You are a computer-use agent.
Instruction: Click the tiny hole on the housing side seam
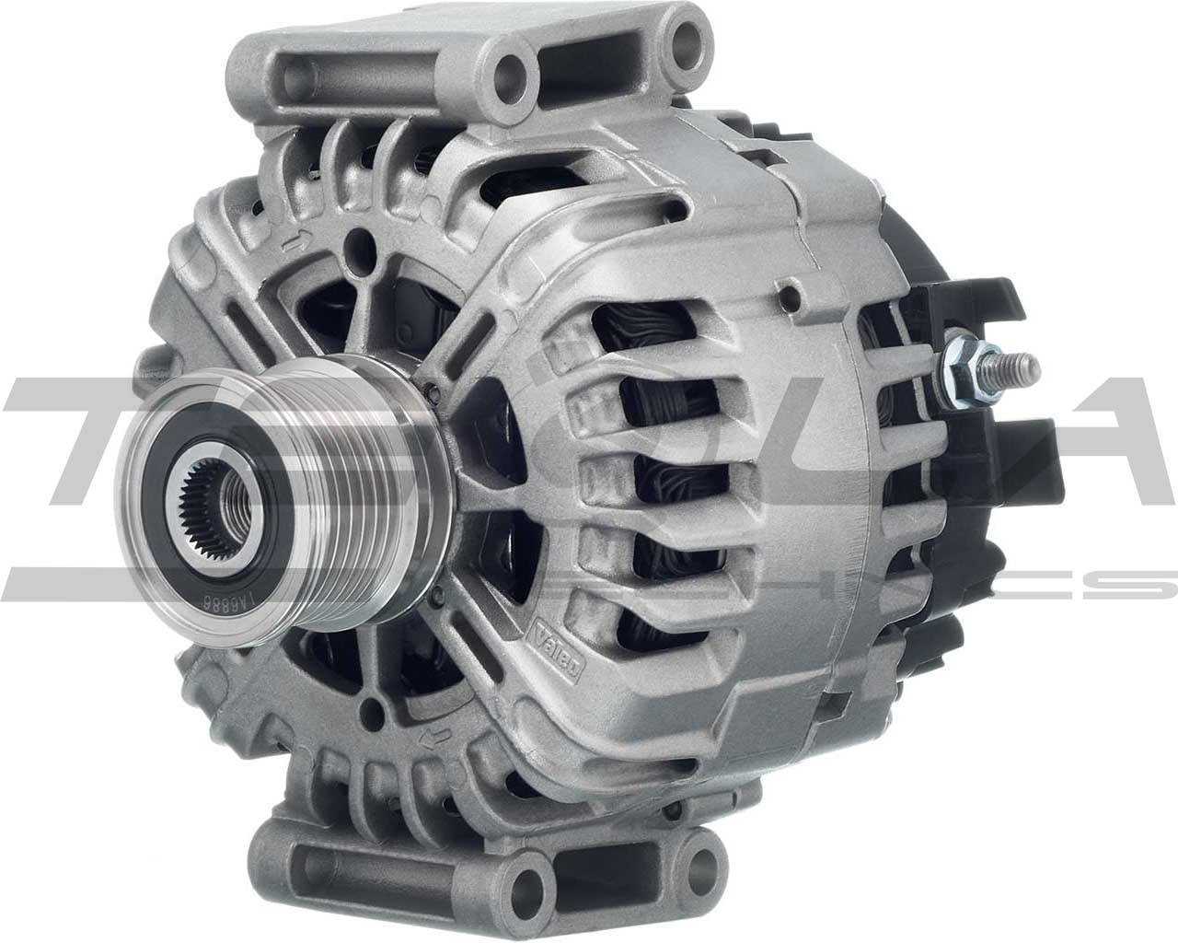click(787, 297)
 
